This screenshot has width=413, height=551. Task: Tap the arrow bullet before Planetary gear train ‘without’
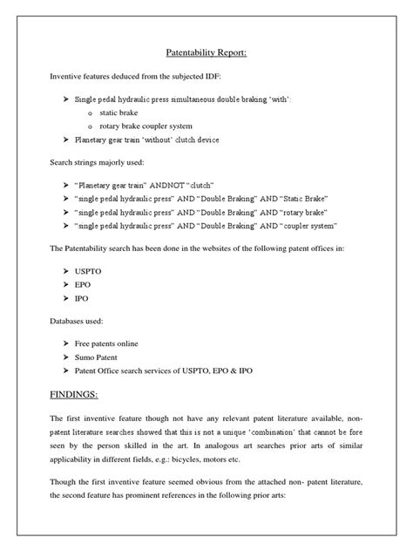[66, 140]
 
